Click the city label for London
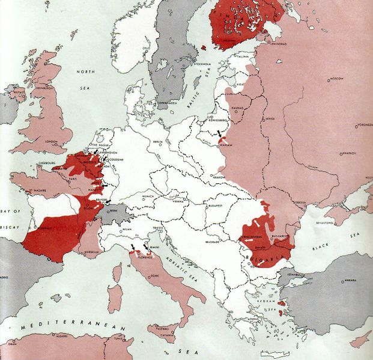click(46, 142)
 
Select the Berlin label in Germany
click(159, 141)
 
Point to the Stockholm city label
click(200, 63)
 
